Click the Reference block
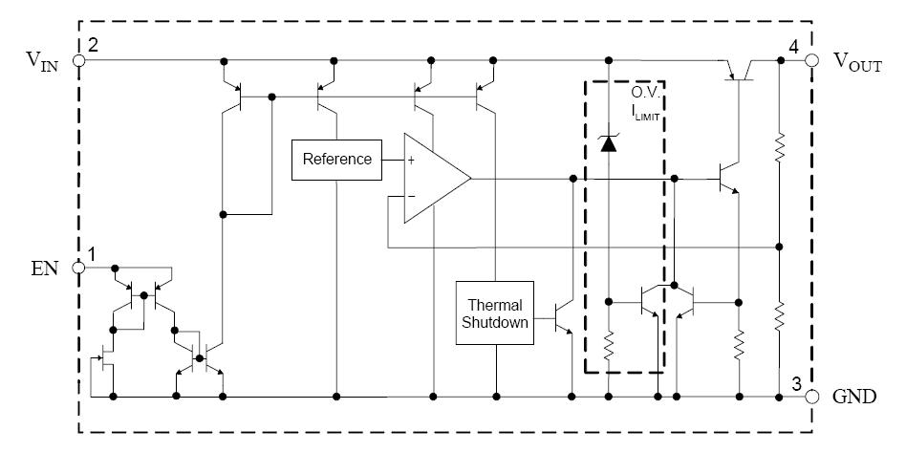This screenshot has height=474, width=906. pyautogui.click(x=336, y=160)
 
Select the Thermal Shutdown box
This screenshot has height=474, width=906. pyautogui.click(x=495, y=313)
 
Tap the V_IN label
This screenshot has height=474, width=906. pyautogui.click(x=44, y=60)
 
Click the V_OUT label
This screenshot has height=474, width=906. pyautogui.click(x=857, y=60)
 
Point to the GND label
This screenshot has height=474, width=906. pyautogui.click(x=854, y=397)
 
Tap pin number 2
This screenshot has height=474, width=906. pyautogui.click(x=93, y=45)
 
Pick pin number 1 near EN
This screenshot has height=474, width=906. pyautogui.click(x=93, y=254)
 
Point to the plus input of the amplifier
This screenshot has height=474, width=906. pyautogui.click(x=411, y=160)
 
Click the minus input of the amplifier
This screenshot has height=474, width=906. pyautogui.click(x=411, y=197)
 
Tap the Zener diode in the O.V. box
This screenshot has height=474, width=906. pyautogui.click(x=606, y=142)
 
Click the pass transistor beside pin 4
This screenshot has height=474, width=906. pyautogui.click(x=738, y=69)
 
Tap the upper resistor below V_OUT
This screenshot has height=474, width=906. pyautogui.click(x=780, y=148)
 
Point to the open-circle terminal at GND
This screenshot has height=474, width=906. pyautogui.click(x=811, y=397)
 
